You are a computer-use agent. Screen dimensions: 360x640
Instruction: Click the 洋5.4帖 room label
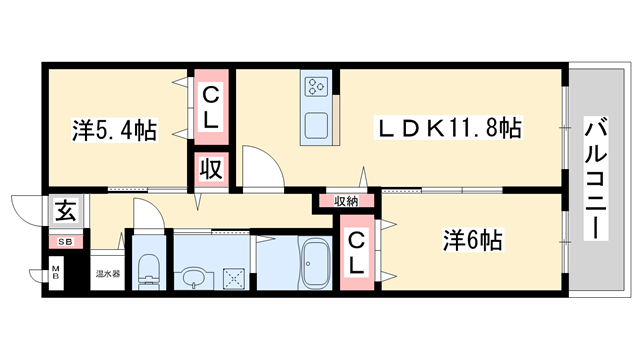113,130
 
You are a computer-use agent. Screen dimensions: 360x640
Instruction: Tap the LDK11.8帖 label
448,129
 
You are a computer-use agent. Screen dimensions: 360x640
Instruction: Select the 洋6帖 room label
473,241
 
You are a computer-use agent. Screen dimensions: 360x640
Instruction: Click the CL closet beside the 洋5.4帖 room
212,106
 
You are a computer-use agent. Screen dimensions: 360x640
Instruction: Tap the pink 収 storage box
212,167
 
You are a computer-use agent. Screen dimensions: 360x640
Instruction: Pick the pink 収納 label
347,201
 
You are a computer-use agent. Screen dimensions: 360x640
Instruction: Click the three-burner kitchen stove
319,86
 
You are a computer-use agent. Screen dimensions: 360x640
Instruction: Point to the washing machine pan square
235,274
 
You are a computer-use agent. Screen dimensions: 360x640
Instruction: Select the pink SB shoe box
64,241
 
